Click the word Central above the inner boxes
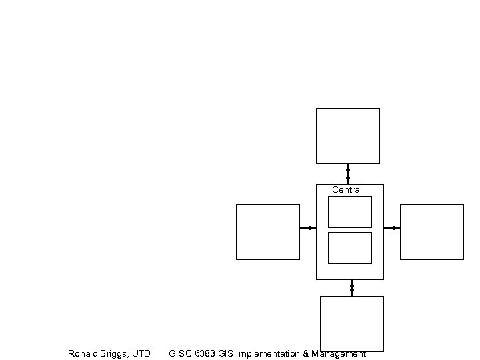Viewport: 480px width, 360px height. [x=347, y=190]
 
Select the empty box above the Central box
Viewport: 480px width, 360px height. [x=347, y=135]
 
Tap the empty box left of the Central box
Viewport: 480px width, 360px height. [x=267, y=231]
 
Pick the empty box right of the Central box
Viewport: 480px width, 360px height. [x=431, y=231]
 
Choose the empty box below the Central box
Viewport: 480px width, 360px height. [x=351, y=323]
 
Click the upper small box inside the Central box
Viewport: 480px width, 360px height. [x=349, y=211]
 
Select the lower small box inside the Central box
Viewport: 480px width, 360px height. [x=349, y=247]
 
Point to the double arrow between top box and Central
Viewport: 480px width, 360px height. [x=348, y=173]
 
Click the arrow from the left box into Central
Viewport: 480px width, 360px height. [x=307, y=228]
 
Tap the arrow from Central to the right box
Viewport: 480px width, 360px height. [x=392, y=228]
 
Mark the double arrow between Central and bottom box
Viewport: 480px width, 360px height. [x=352, y=288]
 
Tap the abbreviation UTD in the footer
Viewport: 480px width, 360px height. [x=141, y=354]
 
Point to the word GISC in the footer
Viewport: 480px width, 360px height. [x=181, y=354]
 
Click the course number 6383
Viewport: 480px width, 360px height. [x=205, y=354]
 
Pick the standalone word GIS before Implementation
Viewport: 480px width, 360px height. [x=226, y=354]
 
